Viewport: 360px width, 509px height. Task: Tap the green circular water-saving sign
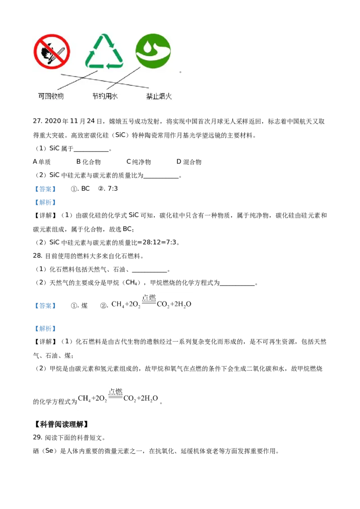153,50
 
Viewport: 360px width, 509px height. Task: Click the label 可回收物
51,96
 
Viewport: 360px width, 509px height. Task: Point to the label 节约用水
105,96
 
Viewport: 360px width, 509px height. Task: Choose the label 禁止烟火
159,96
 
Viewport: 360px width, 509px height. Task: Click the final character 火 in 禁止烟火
169,96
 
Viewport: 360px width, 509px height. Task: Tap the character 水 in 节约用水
115,96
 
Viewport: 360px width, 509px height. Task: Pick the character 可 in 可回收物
41,96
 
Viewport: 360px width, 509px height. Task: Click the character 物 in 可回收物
60,96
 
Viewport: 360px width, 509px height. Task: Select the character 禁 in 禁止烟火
149,96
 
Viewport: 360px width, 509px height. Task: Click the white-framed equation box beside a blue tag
151,304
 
